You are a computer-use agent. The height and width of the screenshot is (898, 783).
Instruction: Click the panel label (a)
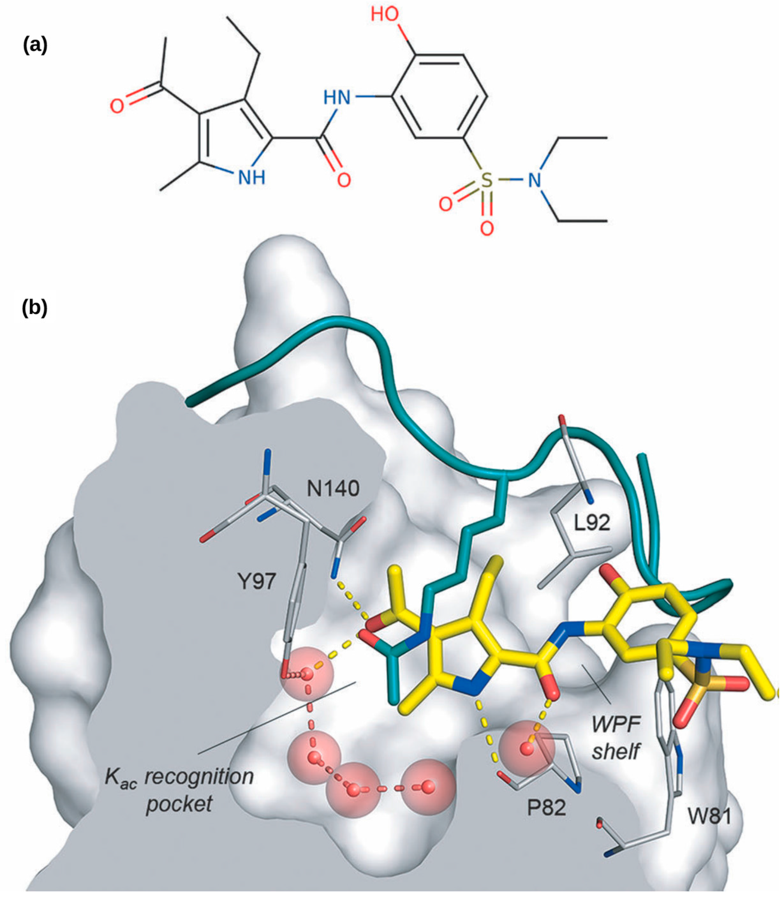point(35,45)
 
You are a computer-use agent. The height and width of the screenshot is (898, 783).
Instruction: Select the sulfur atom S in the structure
point(487,180)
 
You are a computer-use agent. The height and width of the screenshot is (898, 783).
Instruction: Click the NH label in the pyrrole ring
point(251,177)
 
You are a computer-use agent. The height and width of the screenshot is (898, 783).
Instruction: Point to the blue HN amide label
point(337,97)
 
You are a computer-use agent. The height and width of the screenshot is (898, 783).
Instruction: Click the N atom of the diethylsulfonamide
point(534,180)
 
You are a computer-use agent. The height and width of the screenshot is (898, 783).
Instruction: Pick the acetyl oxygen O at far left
point(116,106)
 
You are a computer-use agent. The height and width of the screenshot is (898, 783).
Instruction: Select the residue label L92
point(592,523)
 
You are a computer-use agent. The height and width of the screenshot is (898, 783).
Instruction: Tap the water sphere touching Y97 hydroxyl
point(307,673)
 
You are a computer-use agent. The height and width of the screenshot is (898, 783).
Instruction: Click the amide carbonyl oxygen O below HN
point(344,180)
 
